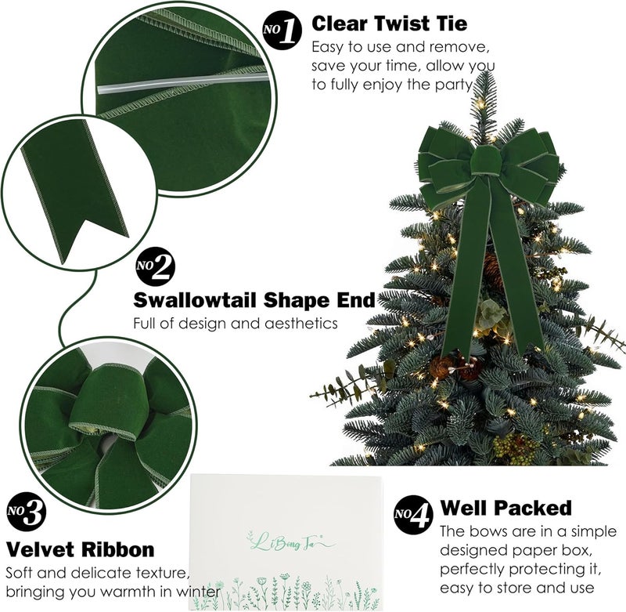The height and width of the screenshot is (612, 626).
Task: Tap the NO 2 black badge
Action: pos(156,268)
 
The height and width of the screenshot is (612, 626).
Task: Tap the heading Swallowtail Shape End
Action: pos(254,300)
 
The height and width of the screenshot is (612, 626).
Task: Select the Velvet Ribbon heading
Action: pos(80,549)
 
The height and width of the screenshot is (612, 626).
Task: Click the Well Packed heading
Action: pos(505,508)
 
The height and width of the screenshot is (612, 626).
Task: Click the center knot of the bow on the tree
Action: pos(487,162)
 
